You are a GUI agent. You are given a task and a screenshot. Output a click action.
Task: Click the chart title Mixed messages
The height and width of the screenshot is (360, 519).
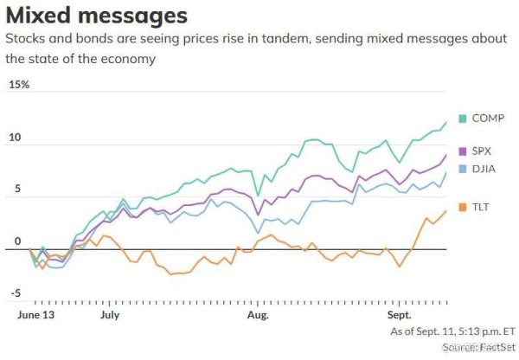97,15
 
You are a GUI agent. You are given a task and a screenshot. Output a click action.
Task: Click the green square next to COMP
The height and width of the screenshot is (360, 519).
463,118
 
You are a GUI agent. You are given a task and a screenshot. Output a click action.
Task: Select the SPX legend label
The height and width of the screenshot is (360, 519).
483,151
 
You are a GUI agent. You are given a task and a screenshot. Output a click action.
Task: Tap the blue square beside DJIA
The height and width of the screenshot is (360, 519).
463,168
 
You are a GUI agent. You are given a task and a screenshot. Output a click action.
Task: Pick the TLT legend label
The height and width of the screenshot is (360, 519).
481,208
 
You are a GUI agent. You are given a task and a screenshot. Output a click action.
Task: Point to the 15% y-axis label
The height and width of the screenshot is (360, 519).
19,84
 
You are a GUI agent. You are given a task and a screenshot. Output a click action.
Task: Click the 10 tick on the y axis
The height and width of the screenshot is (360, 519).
16,138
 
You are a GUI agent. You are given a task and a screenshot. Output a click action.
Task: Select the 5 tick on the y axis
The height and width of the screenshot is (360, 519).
13,195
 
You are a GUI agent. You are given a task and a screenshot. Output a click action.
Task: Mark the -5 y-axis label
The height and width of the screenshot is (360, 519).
15,294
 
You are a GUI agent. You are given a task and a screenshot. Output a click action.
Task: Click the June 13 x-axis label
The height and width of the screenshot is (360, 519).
36,316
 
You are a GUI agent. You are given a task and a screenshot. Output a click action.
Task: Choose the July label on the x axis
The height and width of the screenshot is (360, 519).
109,316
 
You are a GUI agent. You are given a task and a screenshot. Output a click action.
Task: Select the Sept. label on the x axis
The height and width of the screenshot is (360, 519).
400,316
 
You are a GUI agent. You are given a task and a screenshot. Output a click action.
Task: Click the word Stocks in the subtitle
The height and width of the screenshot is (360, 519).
27,40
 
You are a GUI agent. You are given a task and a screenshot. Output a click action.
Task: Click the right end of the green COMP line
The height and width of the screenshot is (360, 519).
446,123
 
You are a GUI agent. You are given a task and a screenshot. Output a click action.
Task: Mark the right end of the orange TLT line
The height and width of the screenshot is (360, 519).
446,210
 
